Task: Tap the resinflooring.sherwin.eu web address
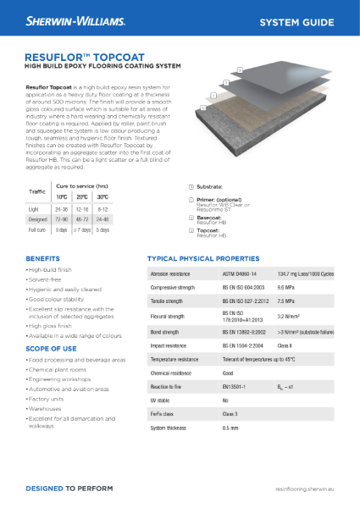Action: click(306, 489)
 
